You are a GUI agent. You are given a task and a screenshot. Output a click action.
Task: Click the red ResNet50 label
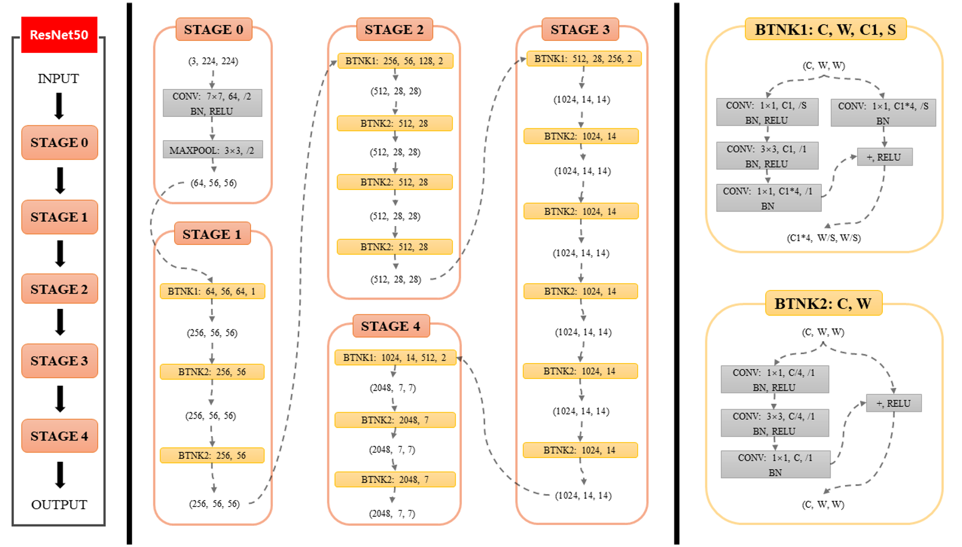[x=59, y=35]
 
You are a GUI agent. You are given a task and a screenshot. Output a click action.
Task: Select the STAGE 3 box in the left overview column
[x=60, y=361]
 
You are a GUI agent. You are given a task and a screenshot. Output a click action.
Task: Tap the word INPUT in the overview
[x=58, y=79]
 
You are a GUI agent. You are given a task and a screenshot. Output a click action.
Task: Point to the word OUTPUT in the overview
[x=59, y=504]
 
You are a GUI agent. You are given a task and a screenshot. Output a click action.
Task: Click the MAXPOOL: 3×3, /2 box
[x=212, y=150]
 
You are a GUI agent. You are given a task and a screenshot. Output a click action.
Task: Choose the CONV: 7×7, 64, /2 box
[x=212, y=103]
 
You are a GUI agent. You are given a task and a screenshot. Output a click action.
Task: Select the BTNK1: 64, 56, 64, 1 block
[x=212, y=291]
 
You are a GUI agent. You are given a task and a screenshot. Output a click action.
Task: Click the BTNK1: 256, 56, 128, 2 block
[x=395, y=61]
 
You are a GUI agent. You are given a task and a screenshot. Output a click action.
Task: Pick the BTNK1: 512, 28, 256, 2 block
[x=583, y=58]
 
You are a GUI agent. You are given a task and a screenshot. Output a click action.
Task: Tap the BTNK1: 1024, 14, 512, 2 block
[x=395, y=358]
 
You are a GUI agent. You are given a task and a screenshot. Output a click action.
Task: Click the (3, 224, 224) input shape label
[x=213, y=61]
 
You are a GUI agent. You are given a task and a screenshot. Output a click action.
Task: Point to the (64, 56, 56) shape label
[x=213, y=183]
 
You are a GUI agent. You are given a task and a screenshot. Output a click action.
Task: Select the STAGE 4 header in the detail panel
[x=391, y=326]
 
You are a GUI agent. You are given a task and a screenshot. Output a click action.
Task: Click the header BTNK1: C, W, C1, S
[x=825, y=30]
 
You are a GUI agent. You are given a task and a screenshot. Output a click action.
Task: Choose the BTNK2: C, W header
[x=823, y=303]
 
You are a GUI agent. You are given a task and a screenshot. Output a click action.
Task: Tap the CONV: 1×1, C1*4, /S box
[x=883, y=113]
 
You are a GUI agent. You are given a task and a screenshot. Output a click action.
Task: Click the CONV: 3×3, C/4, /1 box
[x=774, y=423]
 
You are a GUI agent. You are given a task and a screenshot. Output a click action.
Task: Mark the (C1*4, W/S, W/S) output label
[x=824, y=238]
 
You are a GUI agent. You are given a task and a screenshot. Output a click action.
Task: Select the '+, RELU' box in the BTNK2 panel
[x=893, y=403]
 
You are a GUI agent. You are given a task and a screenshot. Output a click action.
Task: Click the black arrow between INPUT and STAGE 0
[x=59, y=105]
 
